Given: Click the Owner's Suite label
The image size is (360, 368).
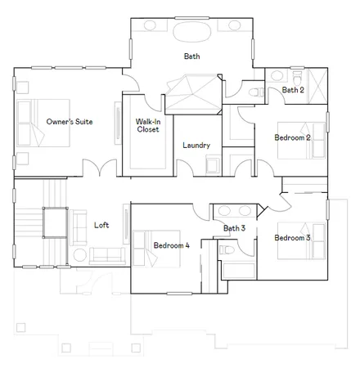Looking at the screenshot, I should tap(69, 122).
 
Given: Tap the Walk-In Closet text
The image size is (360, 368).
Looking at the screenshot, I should tap(148, 124).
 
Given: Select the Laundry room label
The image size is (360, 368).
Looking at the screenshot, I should tap(196, 146).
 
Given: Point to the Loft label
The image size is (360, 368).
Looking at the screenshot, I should tap(101, 225).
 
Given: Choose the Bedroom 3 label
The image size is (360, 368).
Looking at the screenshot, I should tap(292, 238).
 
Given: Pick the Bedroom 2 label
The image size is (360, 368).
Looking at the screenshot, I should tap(292, 137).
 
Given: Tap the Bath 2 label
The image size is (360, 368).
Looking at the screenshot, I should tap(294, 90).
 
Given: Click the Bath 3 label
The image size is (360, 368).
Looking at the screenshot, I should tap(235, 228).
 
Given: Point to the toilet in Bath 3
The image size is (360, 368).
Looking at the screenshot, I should tap(227, 248).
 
